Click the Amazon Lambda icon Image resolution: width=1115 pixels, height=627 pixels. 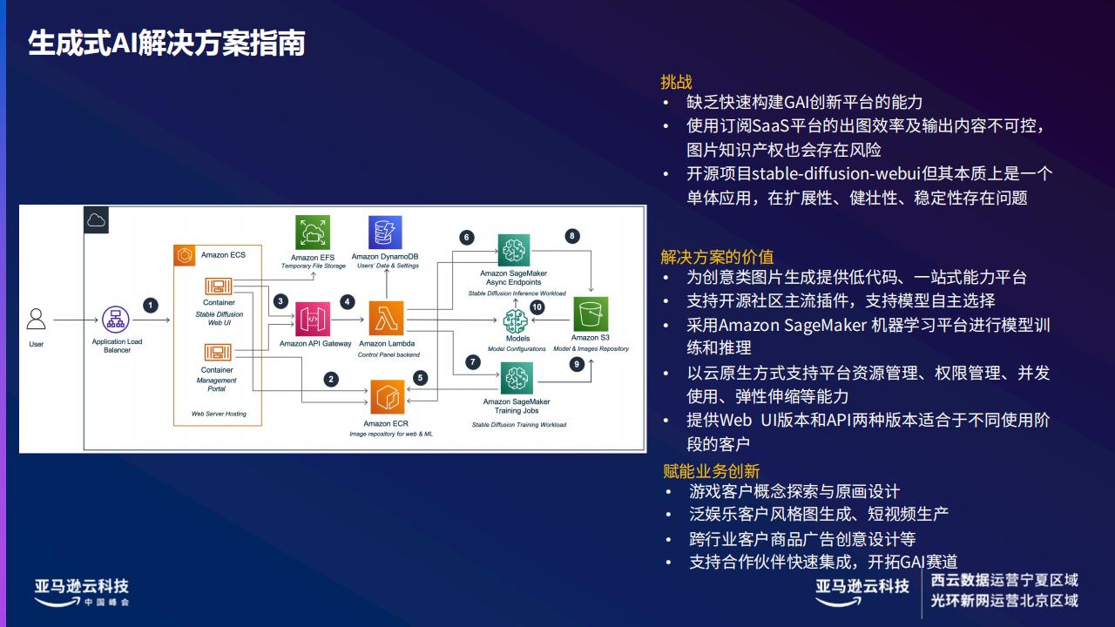386,319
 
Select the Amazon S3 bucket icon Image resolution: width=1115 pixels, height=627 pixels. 591,314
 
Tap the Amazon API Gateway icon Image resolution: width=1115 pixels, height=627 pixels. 313,319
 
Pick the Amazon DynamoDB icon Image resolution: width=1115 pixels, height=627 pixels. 385,232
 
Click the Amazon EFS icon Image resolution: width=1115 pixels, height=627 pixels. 313,233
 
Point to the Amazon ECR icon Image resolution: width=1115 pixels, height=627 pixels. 388,397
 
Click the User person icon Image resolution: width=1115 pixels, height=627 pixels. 36,320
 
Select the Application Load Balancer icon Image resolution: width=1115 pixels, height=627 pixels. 116,320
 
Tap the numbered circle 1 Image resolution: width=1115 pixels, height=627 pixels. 151,306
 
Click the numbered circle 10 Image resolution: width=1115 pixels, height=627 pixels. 537,307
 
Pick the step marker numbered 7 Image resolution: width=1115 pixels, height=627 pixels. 473,361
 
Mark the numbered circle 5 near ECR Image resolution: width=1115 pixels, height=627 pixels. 420,378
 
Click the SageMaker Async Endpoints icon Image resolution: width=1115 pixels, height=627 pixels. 514,250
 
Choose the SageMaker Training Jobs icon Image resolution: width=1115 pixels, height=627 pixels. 517,378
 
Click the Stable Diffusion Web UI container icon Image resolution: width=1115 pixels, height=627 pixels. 219,287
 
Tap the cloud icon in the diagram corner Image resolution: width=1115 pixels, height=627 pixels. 96,220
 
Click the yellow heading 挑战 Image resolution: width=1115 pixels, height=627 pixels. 676,82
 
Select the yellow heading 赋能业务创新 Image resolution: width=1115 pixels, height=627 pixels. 712,471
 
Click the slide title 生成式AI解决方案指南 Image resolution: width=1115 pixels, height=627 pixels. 166,43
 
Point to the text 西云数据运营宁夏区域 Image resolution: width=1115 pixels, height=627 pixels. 1004,580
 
